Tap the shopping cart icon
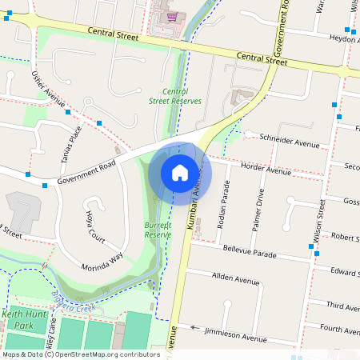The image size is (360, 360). point(170,15)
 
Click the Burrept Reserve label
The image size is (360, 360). point(158,230)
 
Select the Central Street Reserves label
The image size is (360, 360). point(175,96)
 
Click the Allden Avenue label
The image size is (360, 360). point(236,279)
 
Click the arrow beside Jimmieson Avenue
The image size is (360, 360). point(194,327)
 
